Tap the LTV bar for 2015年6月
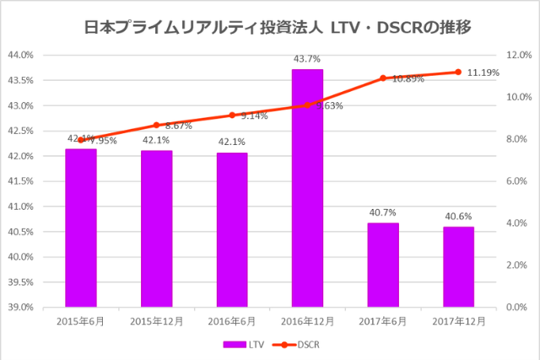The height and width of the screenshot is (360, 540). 81,228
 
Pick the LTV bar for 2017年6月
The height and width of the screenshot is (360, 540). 383,265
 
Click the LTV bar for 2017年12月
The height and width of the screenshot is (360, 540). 458,266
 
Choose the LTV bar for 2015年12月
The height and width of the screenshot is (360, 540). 156,228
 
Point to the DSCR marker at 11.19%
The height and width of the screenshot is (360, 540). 458,72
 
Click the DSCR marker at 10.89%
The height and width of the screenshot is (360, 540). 383,78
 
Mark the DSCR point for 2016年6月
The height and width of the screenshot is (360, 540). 232,115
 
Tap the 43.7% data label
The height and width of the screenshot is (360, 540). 307,59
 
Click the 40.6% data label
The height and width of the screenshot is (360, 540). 458,217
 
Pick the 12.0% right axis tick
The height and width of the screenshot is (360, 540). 516,55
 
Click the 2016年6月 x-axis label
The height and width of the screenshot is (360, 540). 232,321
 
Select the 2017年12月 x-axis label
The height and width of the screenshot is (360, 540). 458,321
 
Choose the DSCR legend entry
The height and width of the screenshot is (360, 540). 295,344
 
